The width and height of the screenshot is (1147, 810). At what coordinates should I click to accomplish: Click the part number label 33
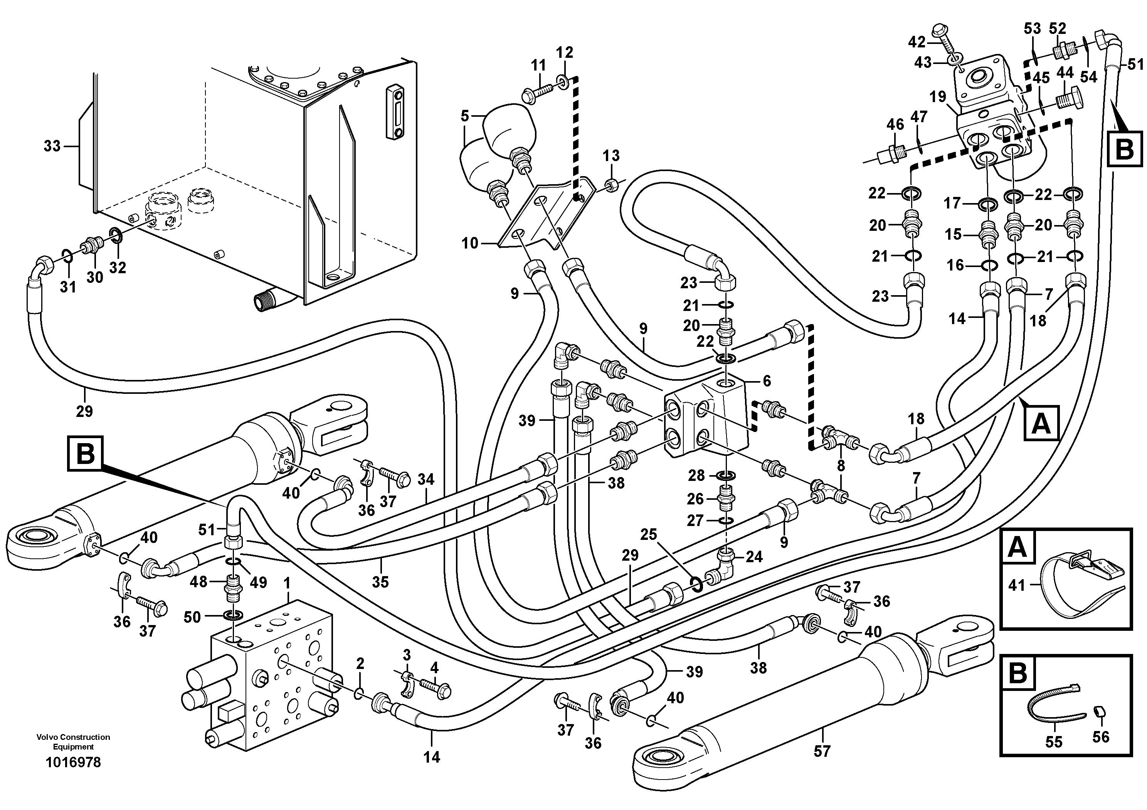52,146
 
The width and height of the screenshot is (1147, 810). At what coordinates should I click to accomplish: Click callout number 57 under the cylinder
822,751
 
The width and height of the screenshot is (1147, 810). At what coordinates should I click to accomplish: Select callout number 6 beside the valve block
767,381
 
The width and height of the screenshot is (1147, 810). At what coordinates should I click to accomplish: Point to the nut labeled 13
611,186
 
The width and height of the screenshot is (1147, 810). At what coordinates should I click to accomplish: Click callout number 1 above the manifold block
287,582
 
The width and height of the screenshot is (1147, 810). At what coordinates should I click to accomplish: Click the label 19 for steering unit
938,96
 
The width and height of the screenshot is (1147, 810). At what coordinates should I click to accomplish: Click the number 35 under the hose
380,582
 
